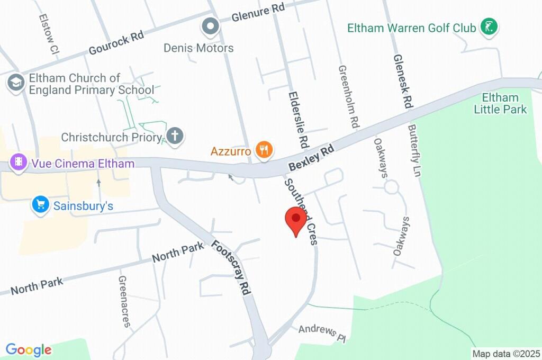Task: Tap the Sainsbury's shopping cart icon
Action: (x=40, y=205)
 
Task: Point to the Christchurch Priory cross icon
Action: (x=174, y=137)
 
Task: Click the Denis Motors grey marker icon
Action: (x=211, y=26)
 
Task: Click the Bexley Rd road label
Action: (x=312, y=158)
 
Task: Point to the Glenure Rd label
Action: (x=258, y=13)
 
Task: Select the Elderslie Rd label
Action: (x=298, y=119)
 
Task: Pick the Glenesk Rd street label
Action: (x=403, y=81)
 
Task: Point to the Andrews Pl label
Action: (x=321, y=332)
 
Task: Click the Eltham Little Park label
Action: (x=500, y=103)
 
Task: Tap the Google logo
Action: (x=29, y=350)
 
